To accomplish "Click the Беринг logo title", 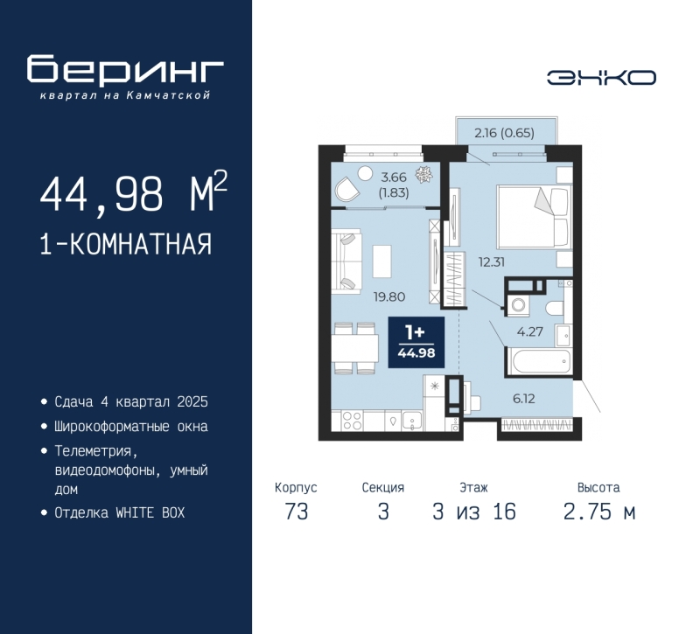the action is coord(125,69).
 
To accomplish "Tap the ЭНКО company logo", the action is coord(601,78).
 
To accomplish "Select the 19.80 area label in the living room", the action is coord(389,296).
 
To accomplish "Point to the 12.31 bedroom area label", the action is coord(492,261).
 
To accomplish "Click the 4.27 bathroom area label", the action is coord(530,331).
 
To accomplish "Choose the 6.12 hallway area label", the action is coord(523,399).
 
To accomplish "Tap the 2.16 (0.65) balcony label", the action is coord(505,133).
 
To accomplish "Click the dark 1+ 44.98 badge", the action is coord(416,342).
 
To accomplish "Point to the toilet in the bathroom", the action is coord(555,308).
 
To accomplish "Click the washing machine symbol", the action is coord(518,305).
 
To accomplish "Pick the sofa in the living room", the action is coord(346,261).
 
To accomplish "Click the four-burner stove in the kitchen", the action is coord(352,421).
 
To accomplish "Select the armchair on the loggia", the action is coord(346,188).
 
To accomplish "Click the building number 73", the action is coord(297,512).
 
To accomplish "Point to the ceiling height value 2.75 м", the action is coord(598,512).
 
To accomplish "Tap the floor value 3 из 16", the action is coord(474,512).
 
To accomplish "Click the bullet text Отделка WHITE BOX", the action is coord(120,512).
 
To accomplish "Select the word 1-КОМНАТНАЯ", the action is coord(126,244).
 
